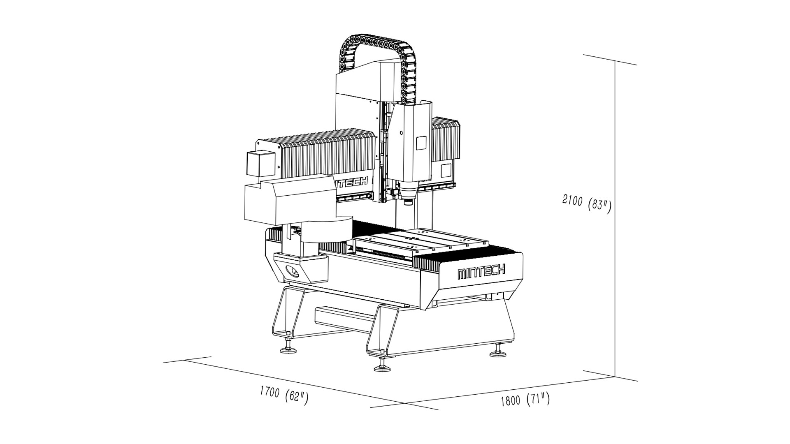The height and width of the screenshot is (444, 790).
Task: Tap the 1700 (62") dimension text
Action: [284, 395]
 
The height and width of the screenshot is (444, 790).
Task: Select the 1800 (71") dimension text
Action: [525, 399]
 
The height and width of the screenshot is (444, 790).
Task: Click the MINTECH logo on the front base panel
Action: [481, 272]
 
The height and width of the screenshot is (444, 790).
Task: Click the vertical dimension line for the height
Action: [615, 219]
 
